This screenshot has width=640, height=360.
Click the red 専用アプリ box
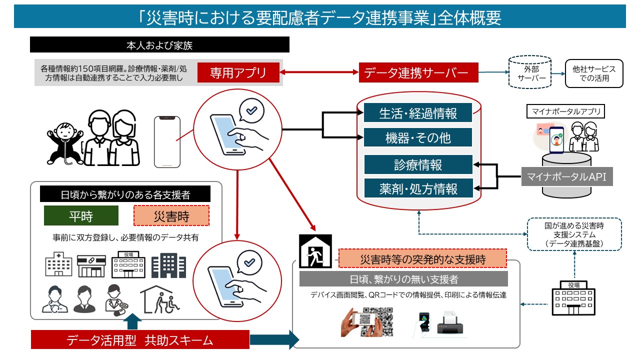tap(238, 72)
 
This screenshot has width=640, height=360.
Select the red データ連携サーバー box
tap(418, 72)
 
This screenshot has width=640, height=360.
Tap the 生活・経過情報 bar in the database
tap(418, 112)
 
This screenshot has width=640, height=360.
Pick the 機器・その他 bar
tap(418, 137)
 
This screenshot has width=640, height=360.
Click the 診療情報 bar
tap(418, 164)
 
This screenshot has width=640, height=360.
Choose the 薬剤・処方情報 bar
tap(418, 188)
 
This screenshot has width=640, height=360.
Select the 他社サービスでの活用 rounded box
tap(594, 73)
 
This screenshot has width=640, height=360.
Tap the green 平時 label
tap(81, 215)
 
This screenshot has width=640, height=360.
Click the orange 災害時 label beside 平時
tap(171, 215)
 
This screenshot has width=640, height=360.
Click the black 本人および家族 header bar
tap(159, 45)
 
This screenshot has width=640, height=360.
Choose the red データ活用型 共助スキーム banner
tap(140, 340)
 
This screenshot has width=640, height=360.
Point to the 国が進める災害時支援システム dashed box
tap(574, 233)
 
